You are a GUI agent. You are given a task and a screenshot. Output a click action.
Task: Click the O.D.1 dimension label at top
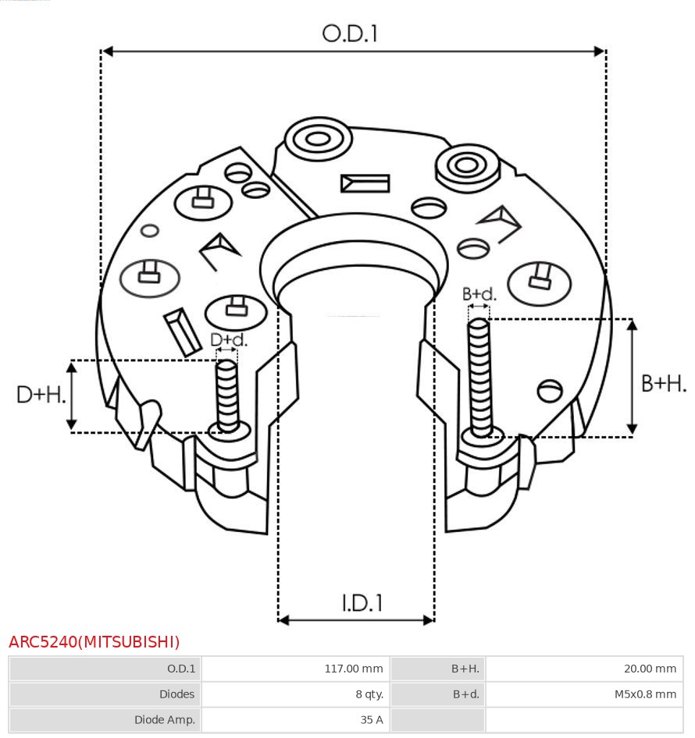pos(350,34)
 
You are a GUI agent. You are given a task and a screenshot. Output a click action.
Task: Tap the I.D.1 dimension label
pos(362,602)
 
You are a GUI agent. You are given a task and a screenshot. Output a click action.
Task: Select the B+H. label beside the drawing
pos(663,384)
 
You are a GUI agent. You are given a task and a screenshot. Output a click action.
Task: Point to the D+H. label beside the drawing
pos(40,395)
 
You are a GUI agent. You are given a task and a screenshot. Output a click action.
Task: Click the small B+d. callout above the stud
pos(479,294)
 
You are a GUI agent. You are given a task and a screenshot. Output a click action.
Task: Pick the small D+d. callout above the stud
pos(228,340)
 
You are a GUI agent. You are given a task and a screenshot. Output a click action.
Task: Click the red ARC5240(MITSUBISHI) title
pos(94,642)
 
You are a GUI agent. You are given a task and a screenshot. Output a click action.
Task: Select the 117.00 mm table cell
pos(353,669)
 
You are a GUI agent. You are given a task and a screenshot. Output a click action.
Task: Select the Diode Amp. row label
pos(164,719)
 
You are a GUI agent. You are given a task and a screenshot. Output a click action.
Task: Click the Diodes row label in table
pos(176,694)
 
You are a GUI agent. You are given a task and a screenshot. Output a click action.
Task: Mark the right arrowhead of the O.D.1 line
pos(600,51)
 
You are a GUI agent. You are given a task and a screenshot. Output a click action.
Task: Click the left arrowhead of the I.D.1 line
pos(283,620)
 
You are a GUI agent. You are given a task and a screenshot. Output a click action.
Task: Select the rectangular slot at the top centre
pos(365,183)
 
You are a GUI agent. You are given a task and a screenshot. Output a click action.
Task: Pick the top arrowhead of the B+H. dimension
pos(632,325)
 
